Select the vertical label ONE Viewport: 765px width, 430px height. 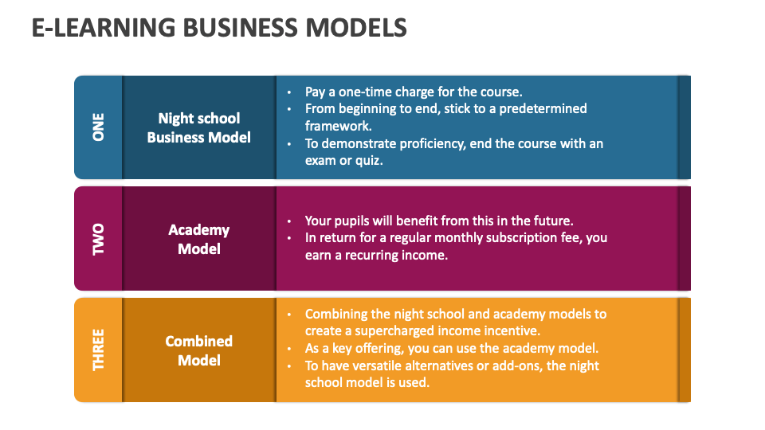[x=99, y=127]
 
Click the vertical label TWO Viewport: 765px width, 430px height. [x=99, y=239]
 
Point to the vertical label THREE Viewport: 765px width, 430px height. [x=99, y=350]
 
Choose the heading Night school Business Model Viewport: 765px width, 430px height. [x=199, y=127]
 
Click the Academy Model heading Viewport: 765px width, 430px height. [x=199, y=239]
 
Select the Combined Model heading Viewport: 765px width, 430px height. [x=199, y=350]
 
